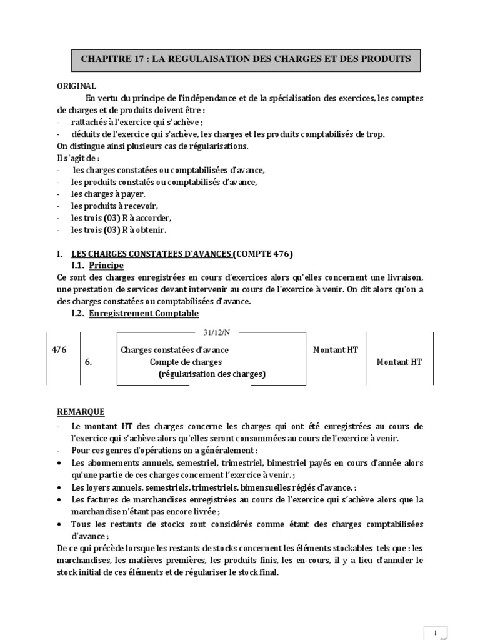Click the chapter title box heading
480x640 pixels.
(246, 59)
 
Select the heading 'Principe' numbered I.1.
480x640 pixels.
(106, 265)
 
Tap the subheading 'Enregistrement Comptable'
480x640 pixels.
(144, 313)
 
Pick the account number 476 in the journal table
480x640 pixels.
(59, 350)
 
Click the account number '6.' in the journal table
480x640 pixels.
(88, 362)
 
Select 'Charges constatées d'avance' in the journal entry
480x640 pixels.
(174, 350)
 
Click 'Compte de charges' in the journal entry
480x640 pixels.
(186, 362)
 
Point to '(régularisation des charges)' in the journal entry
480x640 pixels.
(212, 374)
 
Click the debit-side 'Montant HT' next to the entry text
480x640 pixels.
(335, 350)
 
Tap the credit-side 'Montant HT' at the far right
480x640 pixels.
(399, 362)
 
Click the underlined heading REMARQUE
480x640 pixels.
(81, 412)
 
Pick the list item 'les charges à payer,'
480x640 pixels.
(103, 194)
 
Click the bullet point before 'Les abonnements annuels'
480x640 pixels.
(59, 463)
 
